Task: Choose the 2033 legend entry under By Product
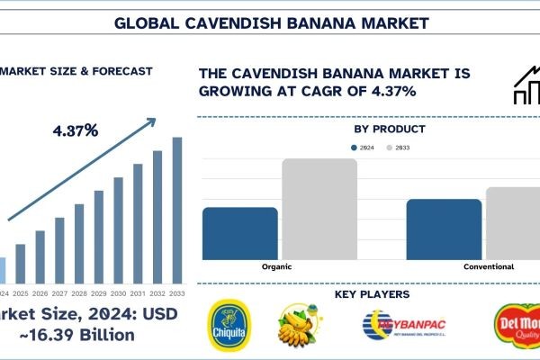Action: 396,146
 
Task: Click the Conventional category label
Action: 489,267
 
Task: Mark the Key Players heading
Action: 372,294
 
